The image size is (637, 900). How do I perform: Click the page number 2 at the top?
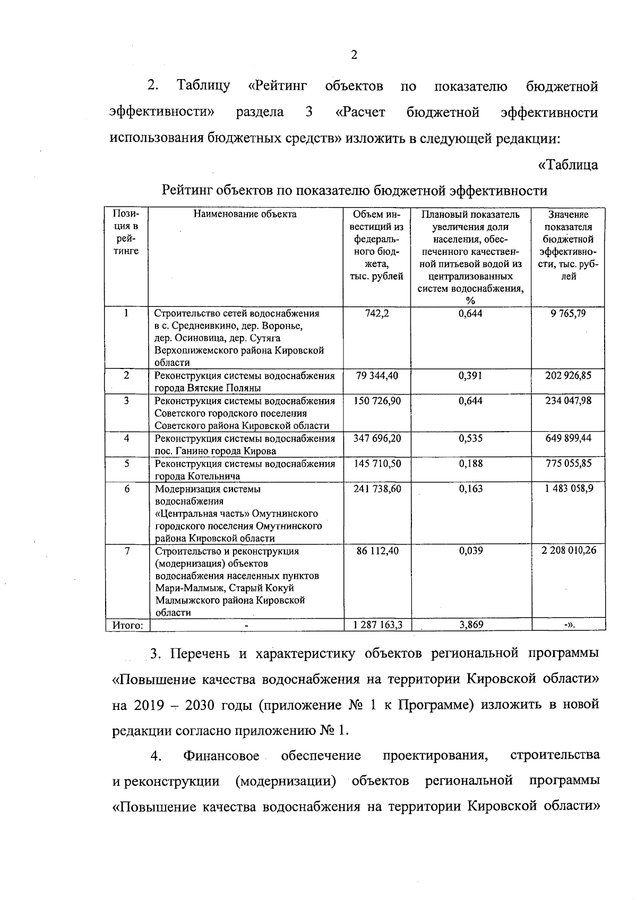(x=354, y=55)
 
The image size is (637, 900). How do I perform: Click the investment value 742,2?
(x=377, y=314)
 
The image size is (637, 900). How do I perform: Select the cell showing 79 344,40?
(x=377, y=376)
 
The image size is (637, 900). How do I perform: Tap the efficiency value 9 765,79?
(x=569, y=314)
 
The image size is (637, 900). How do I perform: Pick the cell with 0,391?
(x=470, y=376)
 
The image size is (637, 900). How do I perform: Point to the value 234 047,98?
(x=569, y=401)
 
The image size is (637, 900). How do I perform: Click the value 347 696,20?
(x=377, y=439)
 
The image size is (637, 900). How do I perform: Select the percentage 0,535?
(x=470, y=439)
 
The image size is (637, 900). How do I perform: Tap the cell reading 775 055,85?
(x=569, y=464)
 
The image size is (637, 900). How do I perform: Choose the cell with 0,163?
(x=470, y=488)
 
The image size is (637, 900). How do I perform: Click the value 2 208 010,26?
(x=569, y=551)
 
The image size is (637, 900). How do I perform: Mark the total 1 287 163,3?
(x=377, y=625)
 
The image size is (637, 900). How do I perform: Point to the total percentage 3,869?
(x=470, y=625)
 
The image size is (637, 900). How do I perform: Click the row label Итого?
(x=127, y=625)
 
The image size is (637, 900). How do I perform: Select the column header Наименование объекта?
(x=245, y=215)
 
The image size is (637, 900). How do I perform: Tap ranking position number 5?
(x=127, y=464)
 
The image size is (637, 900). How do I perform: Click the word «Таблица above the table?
(x=569, y=165)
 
